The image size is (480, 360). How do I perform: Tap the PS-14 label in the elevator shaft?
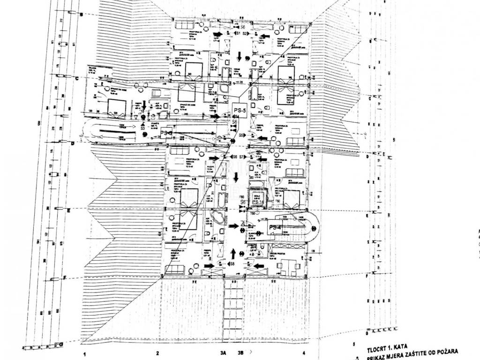point(257,202)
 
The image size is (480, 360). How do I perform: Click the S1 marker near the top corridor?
point(238,34)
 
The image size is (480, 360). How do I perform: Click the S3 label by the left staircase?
point(142,127)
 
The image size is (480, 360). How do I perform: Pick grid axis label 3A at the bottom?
point(223,353)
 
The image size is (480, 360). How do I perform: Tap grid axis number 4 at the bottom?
point(304,353)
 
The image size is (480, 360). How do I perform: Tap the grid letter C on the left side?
point(76,79)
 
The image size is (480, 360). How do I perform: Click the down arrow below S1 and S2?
point(240,57)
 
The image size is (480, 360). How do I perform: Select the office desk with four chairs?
point(288,266)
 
